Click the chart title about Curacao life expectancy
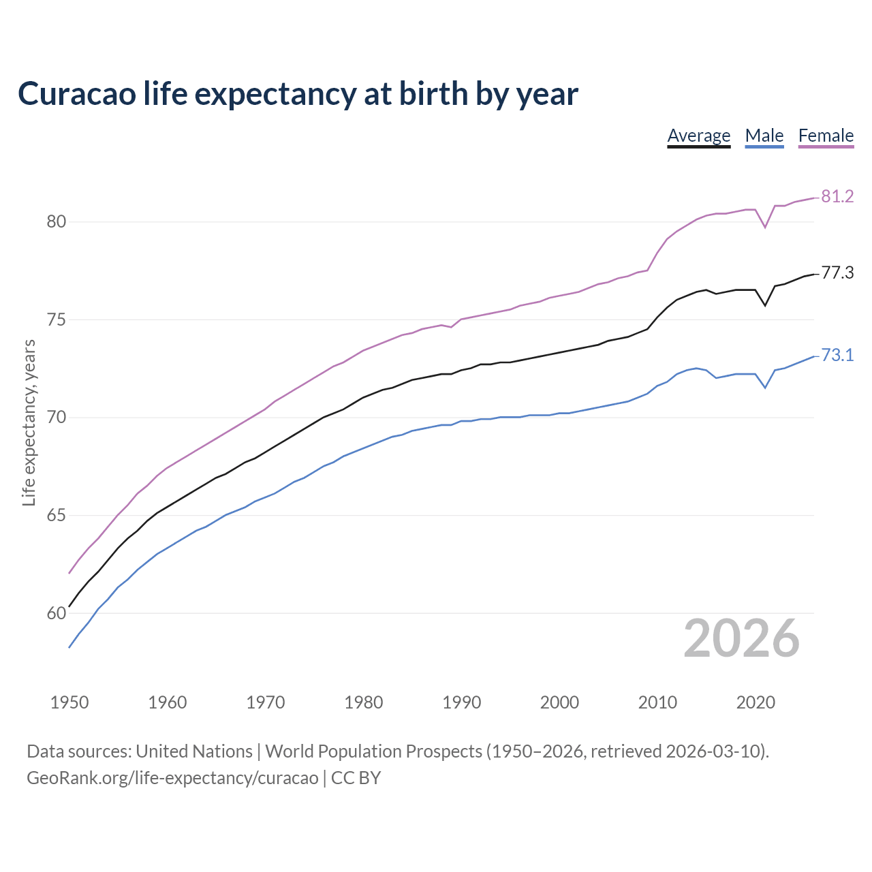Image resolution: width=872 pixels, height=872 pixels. pyautogui.click(x=298, y=93)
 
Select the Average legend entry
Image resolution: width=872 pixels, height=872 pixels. pyautogui.click(x=698, y=136)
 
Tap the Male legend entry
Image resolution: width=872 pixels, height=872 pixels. pyautogui.click(x=764, y=136)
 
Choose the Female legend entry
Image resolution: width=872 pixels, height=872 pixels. pyautogui.click(x=826, y=136)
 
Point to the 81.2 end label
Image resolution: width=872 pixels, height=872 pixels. pyautogui.click(x=837, y=196)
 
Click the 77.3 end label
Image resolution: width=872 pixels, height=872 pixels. pyautogui.click(x=837, y=273)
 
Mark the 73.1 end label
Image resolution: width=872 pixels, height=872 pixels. pyautogui.click(x=837, y=355)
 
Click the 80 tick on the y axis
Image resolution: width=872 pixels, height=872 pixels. pyautogui.click(x=56, y=221)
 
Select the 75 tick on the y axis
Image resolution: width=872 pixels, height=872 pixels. pyautogui.click(x=56, y=320)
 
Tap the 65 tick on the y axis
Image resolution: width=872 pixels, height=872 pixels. pyautogui.click(x=56, y=515)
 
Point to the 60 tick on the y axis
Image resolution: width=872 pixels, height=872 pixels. pyautogui.click(x=56, y=613)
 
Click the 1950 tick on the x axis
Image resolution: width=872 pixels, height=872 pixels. pyautogui.click(x=69, y=702)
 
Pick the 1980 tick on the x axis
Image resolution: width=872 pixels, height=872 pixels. pyautogui.click(x=363, y=702)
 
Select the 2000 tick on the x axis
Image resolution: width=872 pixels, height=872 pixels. pyautogui.click(x=559, y=702)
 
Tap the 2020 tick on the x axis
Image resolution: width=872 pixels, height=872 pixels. pyautogui.click(x=755, y=702)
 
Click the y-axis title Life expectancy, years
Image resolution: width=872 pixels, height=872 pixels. pyautogui.click(x=29, y=422)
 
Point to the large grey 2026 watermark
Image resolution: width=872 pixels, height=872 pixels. pyautogui.click(x=741, y=638)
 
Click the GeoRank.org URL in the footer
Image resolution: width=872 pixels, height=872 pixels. pyautogui.click(x=172, y=777)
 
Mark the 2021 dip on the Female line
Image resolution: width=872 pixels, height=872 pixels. pyautogui.click(x=765, y=227)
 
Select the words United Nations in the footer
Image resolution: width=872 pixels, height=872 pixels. pyautogui.click(x=194, y=751)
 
